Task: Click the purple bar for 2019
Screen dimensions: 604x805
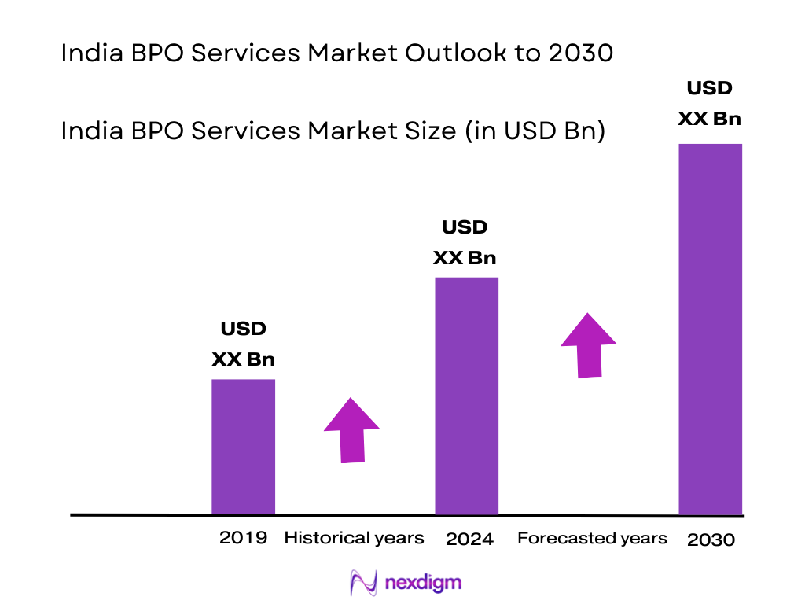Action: pos(243,447)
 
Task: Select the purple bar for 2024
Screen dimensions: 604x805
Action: pos(466,396)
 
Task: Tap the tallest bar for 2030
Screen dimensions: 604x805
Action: pos(710,329)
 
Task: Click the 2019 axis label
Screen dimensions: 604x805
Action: pos(243,539)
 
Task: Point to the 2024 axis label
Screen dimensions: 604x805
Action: pos(469,540)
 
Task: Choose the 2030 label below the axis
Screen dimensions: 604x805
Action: pos(711,540)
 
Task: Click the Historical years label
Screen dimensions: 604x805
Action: pos(354,539)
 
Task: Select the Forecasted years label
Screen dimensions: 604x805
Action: pos(592,539)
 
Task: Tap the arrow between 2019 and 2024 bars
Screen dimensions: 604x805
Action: pos(351,430)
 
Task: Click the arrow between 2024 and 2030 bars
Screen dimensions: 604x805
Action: pos(588,345)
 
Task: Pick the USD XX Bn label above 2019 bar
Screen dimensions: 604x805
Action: pos(243,344)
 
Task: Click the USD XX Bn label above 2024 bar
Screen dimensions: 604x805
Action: pos(465,242)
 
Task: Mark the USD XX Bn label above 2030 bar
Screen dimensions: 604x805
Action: pos(709,103)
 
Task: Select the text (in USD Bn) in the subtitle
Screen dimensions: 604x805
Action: pos(535,131)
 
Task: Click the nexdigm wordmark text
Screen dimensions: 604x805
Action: pos(425,583)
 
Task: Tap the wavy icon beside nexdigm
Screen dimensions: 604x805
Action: pos(363,583)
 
